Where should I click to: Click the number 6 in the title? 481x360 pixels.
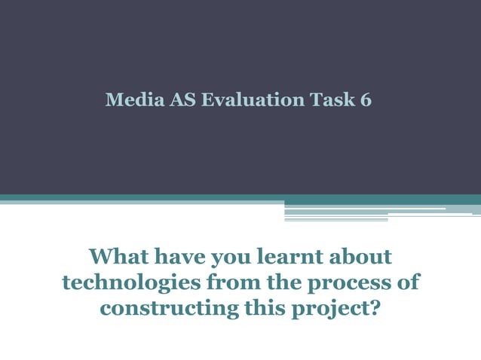click(366, 100)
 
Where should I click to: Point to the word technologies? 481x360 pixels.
click(130, 283)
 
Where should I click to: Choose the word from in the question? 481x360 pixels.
click(229, 282)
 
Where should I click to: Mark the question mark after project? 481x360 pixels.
click(371, 308)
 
